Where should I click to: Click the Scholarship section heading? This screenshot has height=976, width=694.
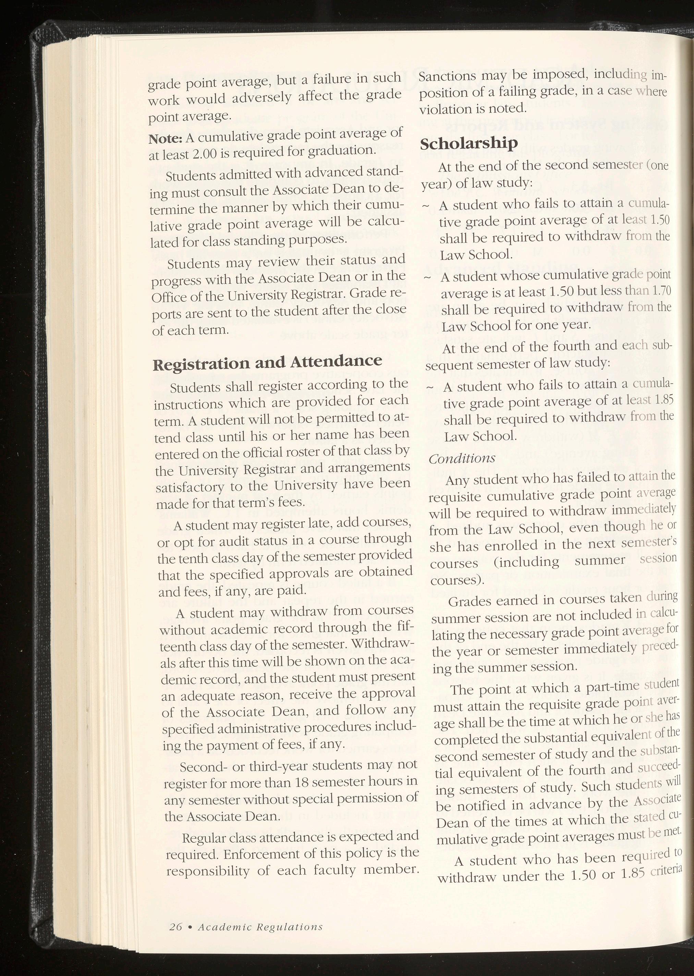coord(469,143)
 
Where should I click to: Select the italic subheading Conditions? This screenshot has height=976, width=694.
coord(462,458)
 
